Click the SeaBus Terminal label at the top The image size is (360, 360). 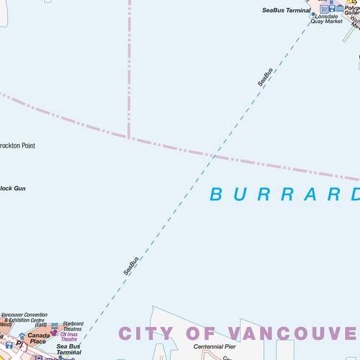[286, 11]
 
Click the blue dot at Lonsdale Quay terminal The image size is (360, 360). [313, 14]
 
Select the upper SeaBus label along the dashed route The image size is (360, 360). [265, 77]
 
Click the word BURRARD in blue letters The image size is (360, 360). [284, 194]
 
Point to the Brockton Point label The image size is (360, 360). [17, 145]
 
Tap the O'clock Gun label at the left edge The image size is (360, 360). [12, 189]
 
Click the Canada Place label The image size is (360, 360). [38, 338]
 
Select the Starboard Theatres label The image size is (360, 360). [73, 326]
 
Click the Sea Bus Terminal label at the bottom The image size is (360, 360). [69, 350]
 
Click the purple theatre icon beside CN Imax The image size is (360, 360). [54, 333]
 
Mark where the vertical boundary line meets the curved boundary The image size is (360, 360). [129, 136]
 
